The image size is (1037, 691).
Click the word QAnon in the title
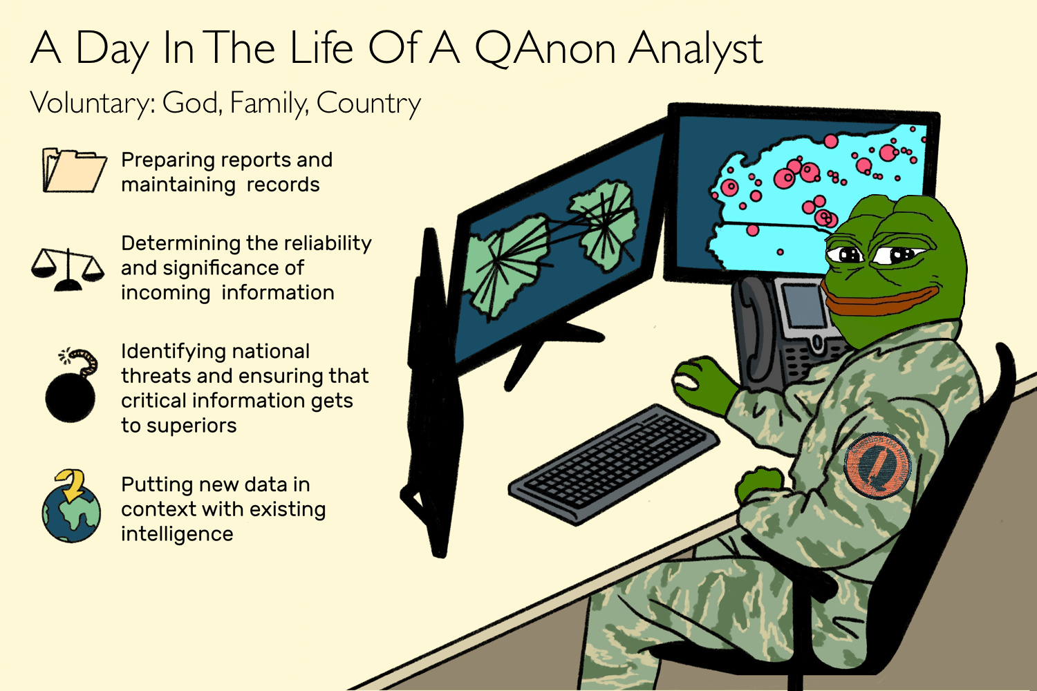click(x=545, y=48)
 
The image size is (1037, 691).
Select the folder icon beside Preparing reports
click(x=75, y=170)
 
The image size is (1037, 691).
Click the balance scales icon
click(x=68, y=269)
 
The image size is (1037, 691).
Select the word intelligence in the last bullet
click(x=177, y=535)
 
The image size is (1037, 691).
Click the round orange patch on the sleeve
click(x=877, y=466)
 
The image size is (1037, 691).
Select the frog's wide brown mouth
click(x=879, y=299)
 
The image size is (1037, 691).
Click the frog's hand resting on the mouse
click(x=704, y=383)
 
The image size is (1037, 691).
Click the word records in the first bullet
click(x=283, y=185)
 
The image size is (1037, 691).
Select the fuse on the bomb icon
click(x=84, y=363)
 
